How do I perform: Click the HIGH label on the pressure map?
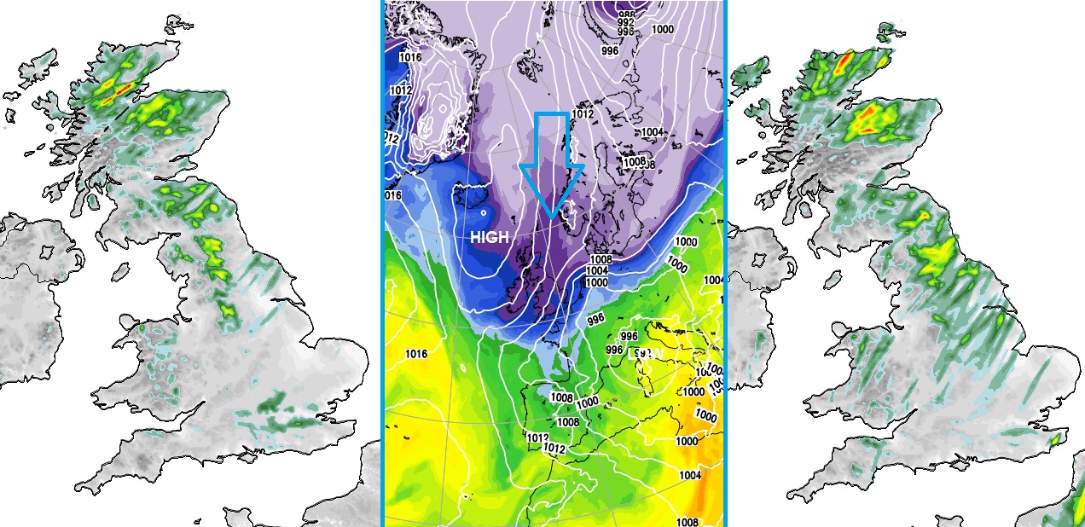coord(489,239)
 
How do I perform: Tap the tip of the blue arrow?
coord(551,216)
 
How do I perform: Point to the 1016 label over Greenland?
coord(410,57)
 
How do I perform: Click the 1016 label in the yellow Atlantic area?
coord(416,354)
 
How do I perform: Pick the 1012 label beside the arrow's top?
coord(583,114)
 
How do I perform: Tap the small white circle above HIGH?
coord(484,212)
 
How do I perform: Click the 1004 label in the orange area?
coord(690,475)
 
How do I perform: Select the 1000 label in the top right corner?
coord(663,29)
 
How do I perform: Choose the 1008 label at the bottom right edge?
coord(687,522)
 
